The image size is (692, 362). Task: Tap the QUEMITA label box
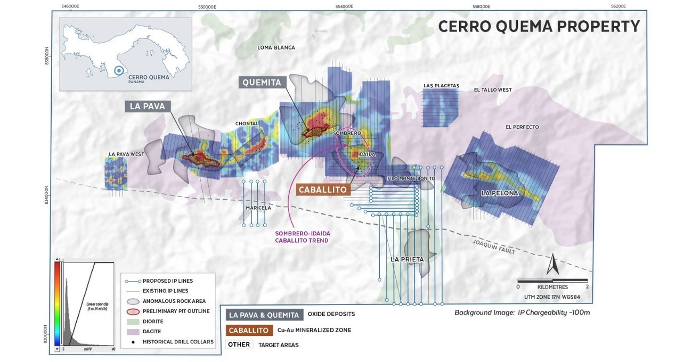coord(263,83)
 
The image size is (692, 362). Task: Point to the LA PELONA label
coord(499,193)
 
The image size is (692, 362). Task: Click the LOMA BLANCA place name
coord(276,47)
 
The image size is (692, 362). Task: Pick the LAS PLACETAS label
coord(441,85)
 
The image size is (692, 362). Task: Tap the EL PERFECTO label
coord(522,127)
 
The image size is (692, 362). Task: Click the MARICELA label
coord(258,208)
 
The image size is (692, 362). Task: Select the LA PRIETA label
coord(407,259)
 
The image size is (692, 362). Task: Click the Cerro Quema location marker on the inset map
coord(119,70)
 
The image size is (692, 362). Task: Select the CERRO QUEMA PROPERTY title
coord(539,26)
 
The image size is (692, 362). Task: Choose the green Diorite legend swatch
coord(135,322)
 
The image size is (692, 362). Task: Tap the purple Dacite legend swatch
coord(135,331)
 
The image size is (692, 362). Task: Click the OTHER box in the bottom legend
coord(239,344)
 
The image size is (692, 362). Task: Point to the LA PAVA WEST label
coord(126,154)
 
